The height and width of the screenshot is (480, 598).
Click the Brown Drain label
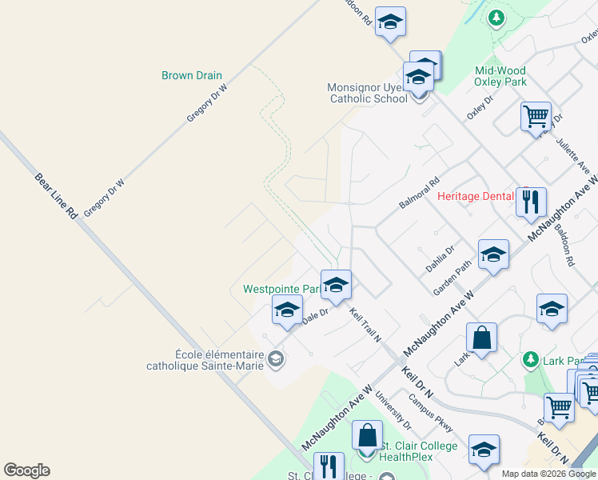(x=191, y=76)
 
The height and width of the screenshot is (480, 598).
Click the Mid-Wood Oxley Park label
(x=500, y=76)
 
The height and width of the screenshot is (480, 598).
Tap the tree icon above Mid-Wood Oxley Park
(x=496, y=17)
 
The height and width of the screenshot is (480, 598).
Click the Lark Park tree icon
(x=529, y=359)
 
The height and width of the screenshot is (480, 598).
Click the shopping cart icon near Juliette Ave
(x=536, y=117)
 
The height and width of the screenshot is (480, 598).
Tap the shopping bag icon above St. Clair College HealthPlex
(x=367, y=437)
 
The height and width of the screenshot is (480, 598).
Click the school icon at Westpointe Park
(x=337, y=285)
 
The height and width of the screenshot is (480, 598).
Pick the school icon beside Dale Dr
(x=287, y=310)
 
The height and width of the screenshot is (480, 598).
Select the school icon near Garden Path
(x=493, y=255)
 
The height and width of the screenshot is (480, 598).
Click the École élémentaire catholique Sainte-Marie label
(x=217, y=359)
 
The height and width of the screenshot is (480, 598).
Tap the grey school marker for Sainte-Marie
(x=276, y=359)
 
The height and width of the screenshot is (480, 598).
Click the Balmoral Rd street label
(x=420, y=193)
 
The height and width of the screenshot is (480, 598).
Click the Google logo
(x=26, y=470)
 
